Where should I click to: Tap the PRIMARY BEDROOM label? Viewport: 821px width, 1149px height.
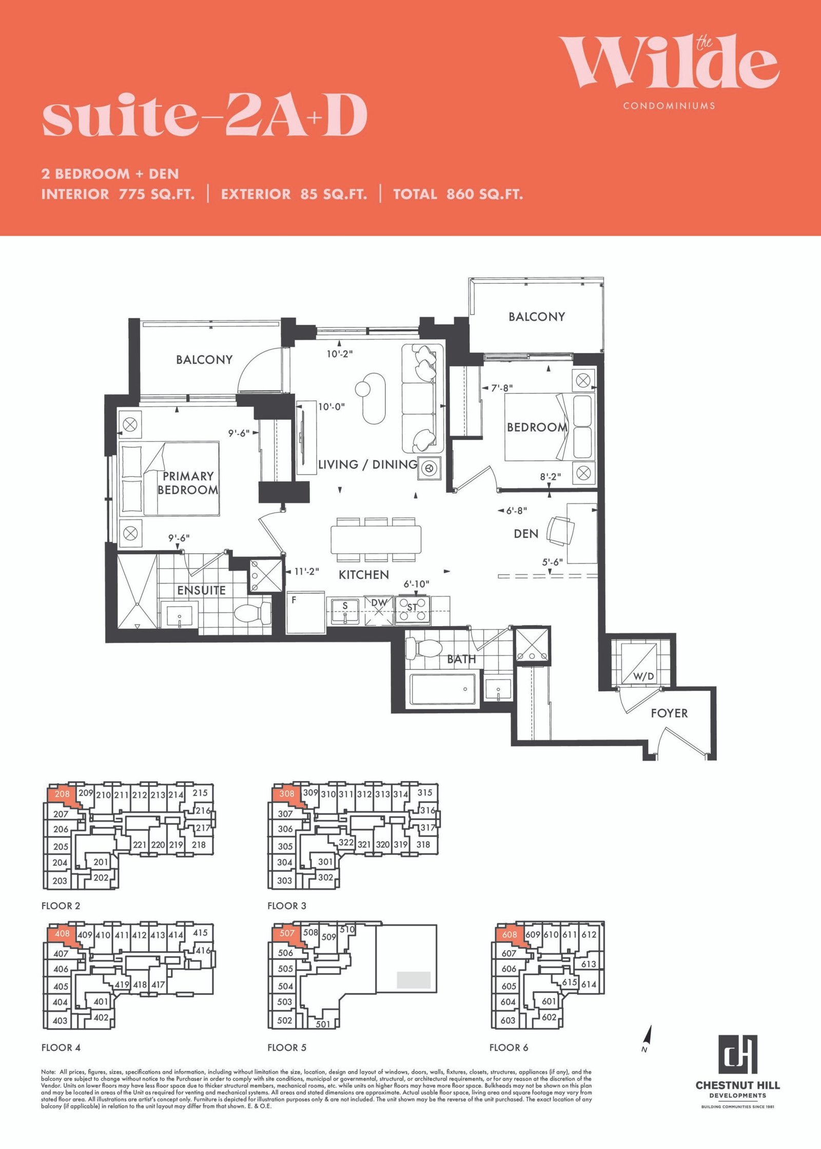[x=188, y=483]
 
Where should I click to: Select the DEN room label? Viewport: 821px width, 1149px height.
[x=526, y=534]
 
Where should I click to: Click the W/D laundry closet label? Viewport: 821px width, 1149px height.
[x=643, y=676]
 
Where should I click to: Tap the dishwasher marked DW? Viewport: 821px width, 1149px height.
[x=379, y=610]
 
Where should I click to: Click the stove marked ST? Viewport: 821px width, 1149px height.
[x=413, y=610]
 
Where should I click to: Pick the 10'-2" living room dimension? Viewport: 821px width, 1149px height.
[x=340, y=354]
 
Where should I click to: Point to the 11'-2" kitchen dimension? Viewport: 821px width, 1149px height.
[x=306, y=571]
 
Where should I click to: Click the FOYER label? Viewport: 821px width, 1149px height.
[x=669, y=713]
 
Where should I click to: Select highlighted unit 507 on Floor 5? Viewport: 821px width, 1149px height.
[x=287, y=933]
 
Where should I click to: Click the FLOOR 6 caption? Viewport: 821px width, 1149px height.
[x=509, y=1047]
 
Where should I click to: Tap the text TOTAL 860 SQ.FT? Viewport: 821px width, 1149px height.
[x=458, y=194]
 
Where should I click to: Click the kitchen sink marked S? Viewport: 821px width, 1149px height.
[x=345, y=610]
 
